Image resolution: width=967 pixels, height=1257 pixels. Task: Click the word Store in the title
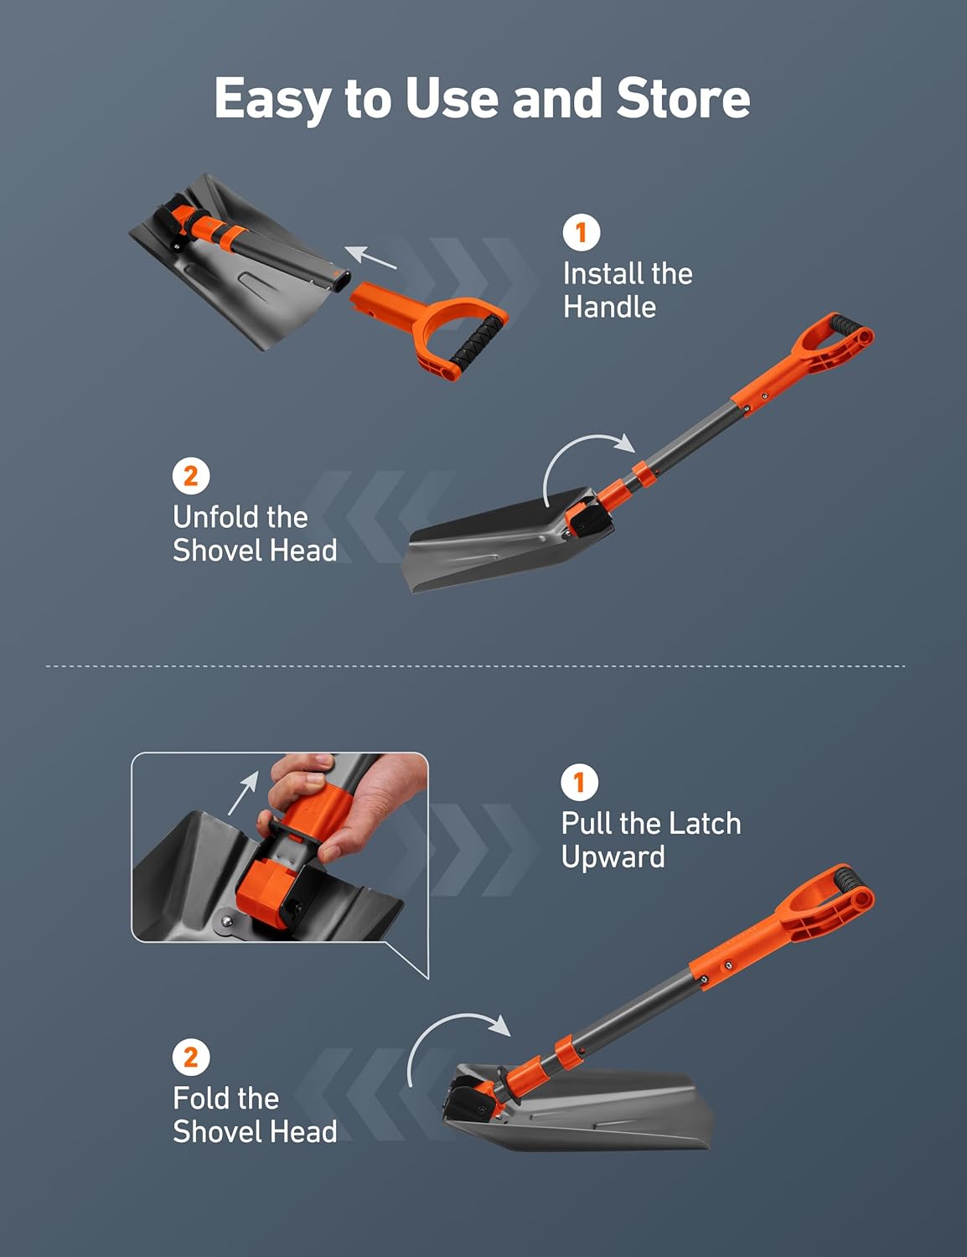pos(682,98)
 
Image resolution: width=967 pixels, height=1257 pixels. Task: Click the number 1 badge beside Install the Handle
pos(582,232)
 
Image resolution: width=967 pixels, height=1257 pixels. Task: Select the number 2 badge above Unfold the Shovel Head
pos(191,476)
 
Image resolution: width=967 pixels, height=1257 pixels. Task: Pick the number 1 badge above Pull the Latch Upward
pos(579,783)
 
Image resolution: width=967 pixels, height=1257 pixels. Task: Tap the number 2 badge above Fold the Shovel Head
pos(191,1057)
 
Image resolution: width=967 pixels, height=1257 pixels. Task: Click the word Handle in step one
pos(609,307)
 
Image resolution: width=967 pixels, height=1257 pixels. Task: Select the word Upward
pos(613,857)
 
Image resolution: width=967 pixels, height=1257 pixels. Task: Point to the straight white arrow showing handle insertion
pos(370,257)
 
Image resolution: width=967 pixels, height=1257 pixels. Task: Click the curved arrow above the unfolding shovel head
pos(586,457)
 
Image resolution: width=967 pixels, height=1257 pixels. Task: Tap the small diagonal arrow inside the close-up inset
pos(243,793)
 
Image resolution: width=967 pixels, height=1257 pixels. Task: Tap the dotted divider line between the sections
pos(475,666)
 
